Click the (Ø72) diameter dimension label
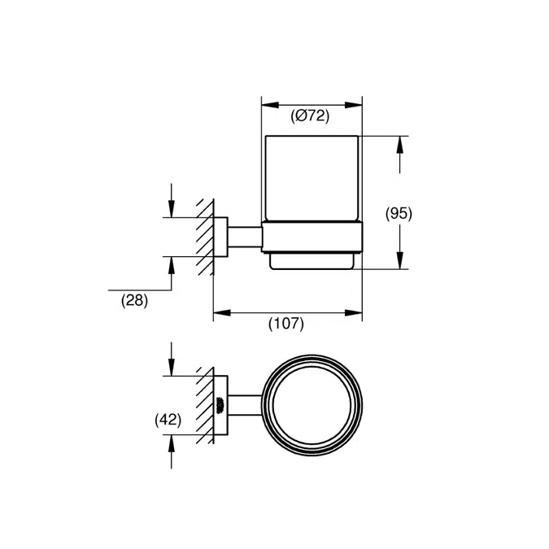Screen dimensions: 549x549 [x=311, y=116]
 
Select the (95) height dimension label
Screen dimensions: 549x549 [x=399, y=214]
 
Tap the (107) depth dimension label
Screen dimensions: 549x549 [x=286, y=324]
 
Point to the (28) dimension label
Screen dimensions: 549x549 [x=134, y=300]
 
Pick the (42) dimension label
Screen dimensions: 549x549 [x=168, y=420]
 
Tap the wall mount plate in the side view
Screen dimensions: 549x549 [x=220, y=237]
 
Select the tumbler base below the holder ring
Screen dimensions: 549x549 [x=311, y=261]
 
